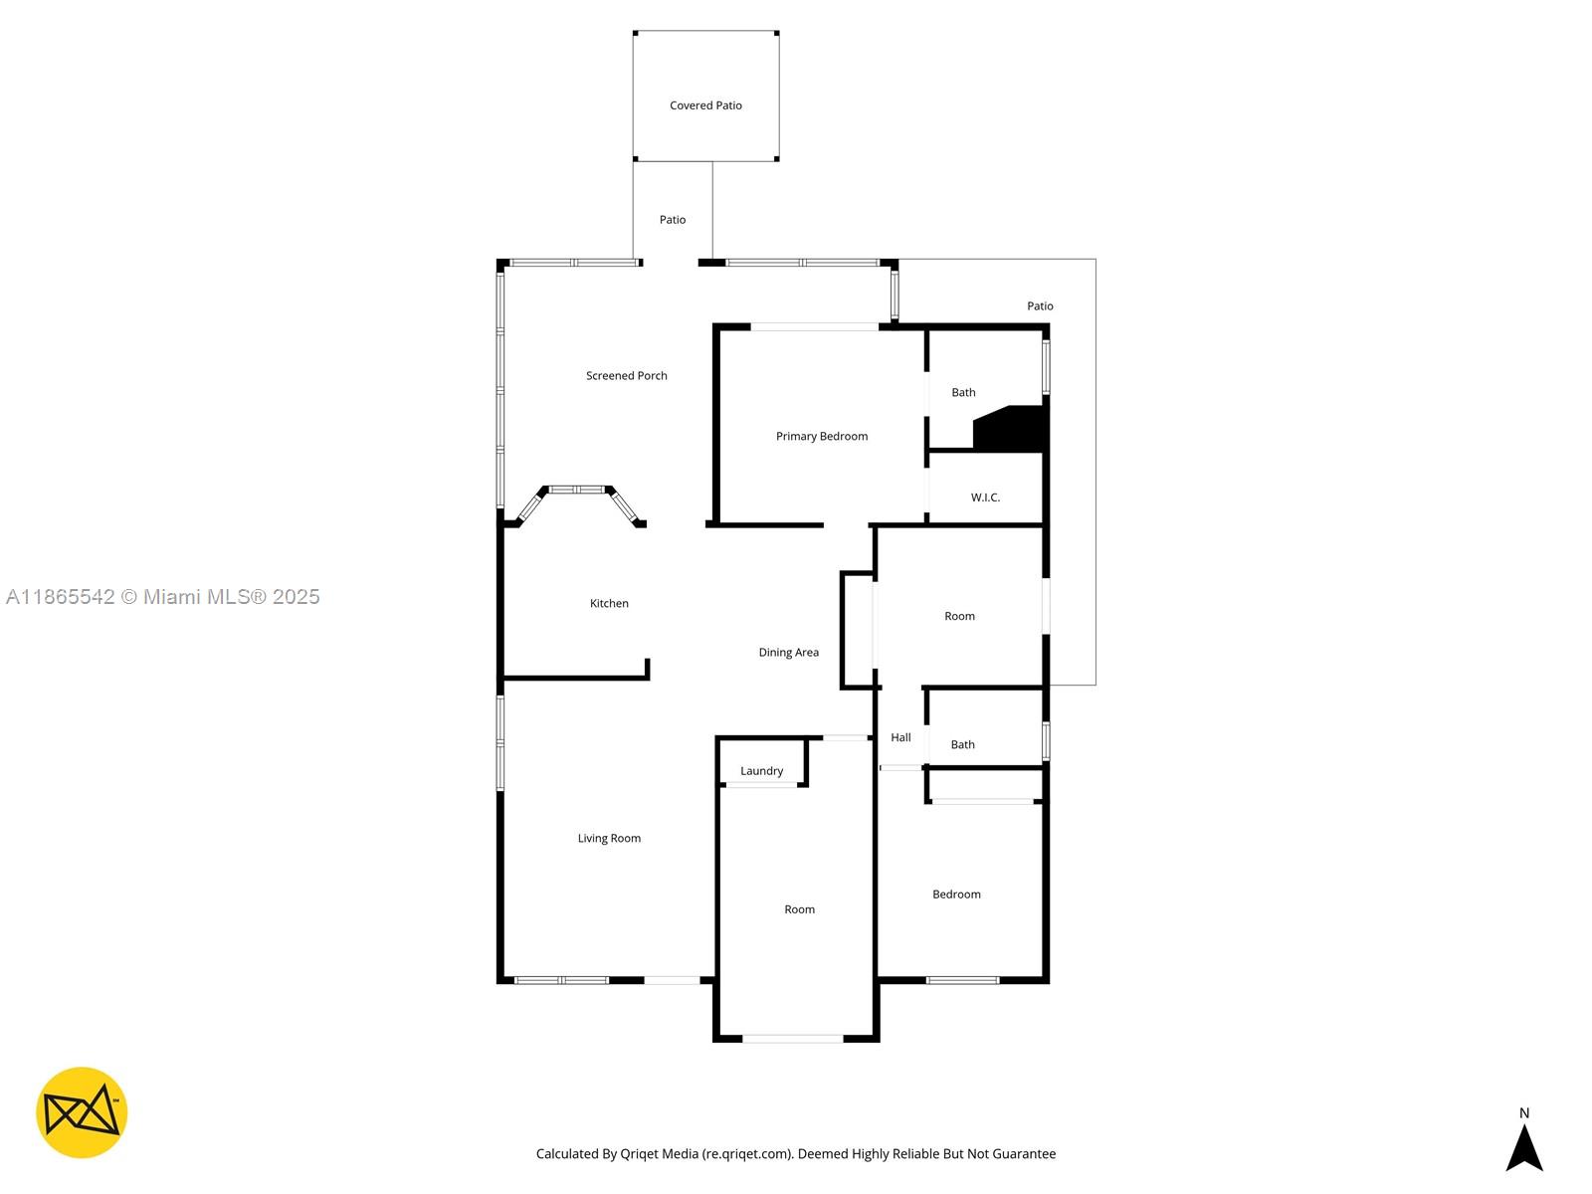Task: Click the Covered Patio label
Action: pyautogui.click(x=705, y=105)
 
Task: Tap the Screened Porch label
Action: pyautogui.click(x=626, y=376)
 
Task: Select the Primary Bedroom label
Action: pyautogui.click(x=821, y=437)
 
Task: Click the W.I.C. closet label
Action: pyautogui.click(x=985, y=497)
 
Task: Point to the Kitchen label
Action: pyautogui.click(x=609, y=604)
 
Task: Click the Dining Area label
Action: pyautogui.click(x=788, y=653)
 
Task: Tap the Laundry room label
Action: pyautogui.click(x=761, y=771)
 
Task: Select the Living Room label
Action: pyautogui.click(x=609, y=839)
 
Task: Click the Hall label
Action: pyautogui.click(x=900, y=738)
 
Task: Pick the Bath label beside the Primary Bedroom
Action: pyautogui.click(x=963, y=393)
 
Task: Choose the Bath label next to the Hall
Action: pyautogui.click(x=962, y=745)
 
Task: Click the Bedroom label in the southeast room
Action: pyautogui.click(x=956, y=895)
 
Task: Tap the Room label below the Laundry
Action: pyautogui.click(x=799, y=909)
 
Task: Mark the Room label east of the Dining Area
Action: pyautogui.click(x=959, y=617)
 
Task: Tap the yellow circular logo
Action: pyautogui.click(x=82, y=1112)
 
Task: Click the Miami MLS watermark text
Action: pyautogui.click(x=162, y=597)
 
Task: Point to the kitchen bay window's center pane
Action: pyautogui.click(x=577, y=490)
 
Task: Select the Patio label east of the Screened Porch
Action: pyautogui.click(x=1040, y=306)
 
